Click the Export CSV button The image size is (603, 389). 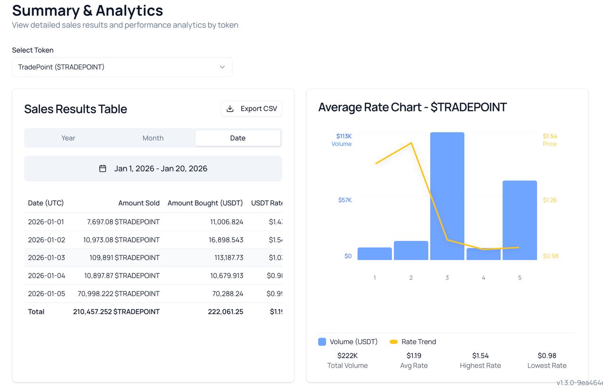[x=252, y=109]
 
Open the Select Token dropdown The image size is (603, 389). [x=122, y=67]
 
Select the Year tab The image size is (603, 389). [x=68, y=138]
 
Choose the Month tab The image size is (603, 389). [x=153, y=138]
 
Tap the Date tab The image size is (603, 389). [x=237, y=138]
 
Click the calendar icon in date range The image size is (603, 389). [x=103, y=169]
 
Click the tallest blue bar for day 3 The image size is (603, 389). [x=447, y=196]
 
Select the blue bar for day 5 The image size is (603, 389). [x=520, y=220]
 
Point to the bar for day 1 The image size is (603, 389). [x=375, y=254]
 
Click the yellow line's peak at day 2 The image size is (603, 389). [x=412, y=143]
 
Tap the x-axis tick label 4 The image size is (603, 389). [x=483, y=278]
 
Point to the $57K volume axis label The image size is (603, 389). [x=345, y=200]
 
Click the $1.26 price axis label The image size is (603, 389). [x=549, y=200]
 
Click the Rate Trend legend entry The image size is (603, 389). [x=413, y=342]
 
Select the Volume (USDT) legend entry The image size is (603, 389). [x=348, y=342]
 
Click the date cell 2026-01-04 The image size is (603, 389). [x=46, y=276]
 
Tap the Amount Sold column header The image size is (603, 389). [x=139, y=203]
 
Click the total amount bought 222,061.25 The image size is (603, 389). [x=226, y=312]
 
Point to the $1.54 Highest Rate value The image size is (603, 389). [x=480, y=356]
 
